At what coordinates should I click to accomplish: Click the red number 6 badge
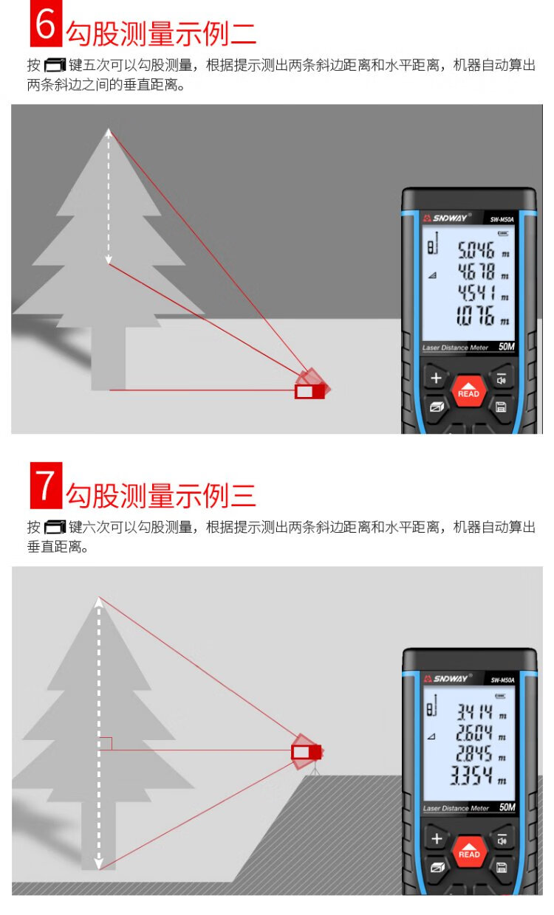(46, 24)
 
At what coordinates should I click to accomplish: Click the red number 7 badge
(46, 486)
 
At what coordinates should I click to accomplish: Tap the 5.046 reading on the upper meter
(476, 250)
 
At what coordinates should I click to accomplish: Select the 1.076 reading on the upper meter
(475, 316)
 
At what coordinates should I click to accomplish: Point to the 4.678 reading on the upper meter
(476, 272)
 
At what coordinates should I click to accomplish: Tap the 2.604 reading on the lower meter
(474, 733)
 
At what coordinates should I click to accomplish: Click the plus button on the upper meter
(437, 378)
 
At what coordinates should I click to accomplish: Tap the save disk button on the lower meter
(502, 868)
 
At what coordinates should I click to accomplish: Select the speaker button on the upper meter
(502, 379)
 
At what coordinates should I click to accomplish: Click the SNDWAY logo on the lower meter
(448, 678)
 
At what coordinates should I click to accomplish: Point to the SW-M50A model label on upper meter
(502, 219)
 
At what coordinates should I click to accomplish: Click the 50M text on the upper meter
(507, 347)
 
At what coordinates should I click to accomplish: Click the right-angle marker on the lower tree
(106, 744)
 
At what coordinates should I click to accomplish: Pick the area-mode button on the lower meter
(437, 868)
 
